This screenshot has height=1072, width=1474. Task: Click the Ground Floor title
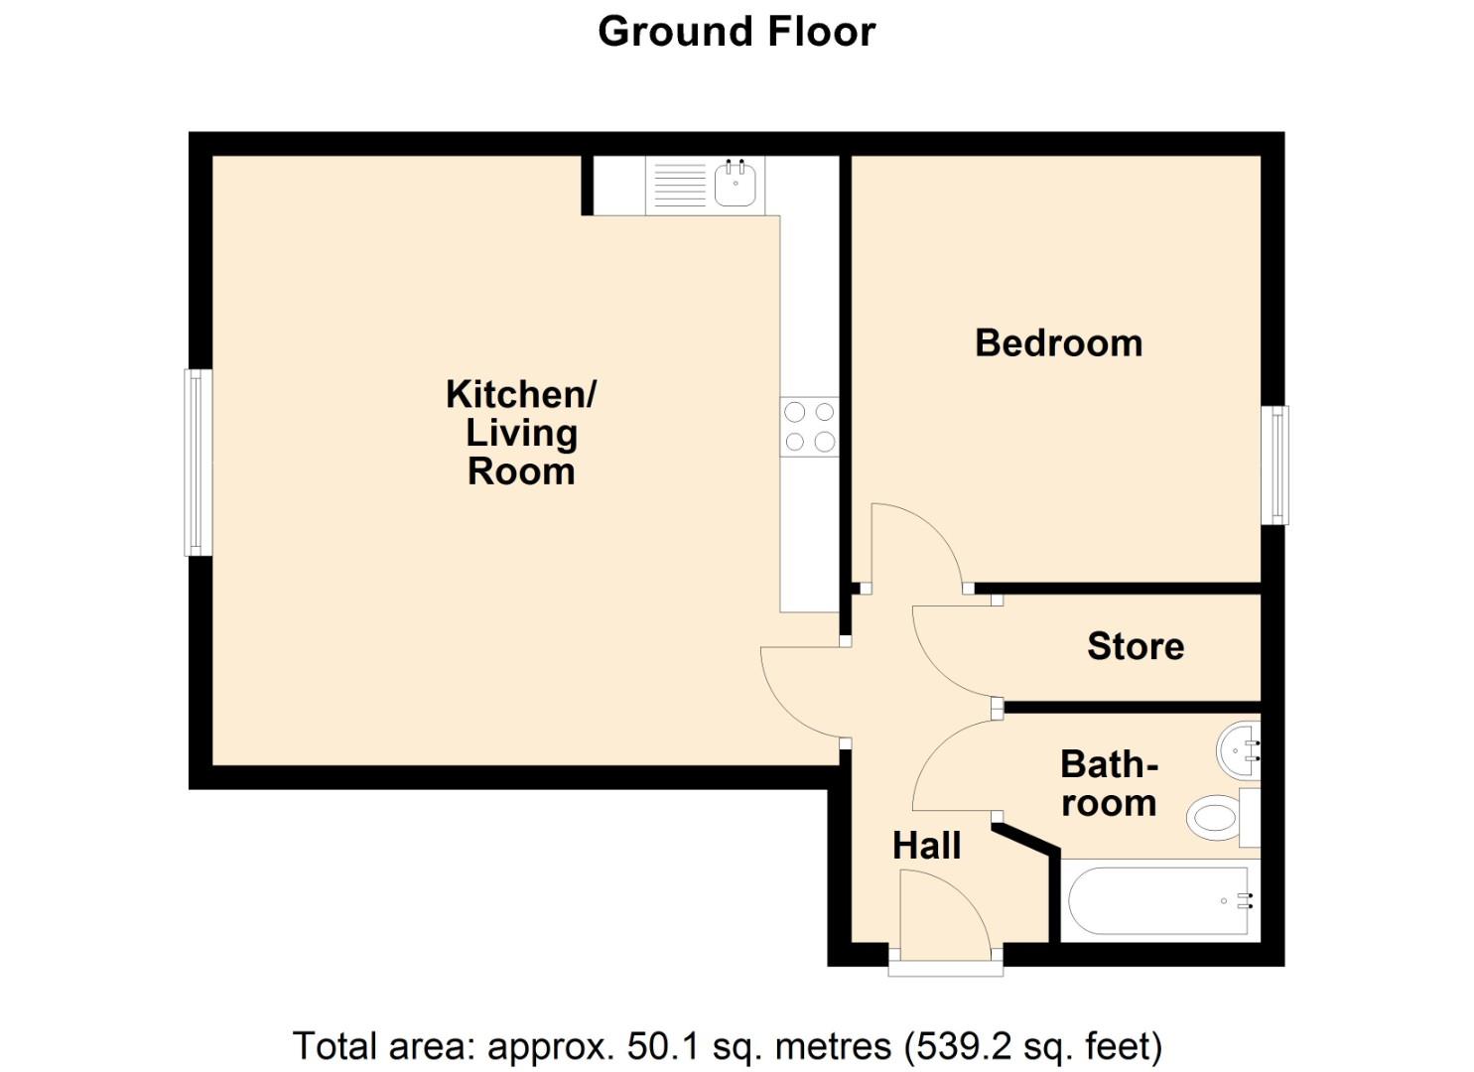coord(737,32)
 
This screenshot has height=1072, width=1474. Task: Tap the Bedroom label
coord(1058,343)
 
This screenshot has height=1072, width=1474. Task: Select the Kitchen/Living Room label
coord(520,433)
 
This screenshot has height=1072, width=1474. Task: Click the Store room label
coord(1136,646)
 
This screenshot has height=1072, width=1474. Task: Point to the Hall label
coord(926,846)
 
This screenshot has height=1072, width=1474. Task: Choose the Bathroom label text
coord(1109,783)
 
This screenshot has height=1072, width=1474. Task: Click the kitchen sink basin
coord(735,184)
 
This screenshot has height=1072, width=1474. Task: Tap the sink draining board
coord(680,185)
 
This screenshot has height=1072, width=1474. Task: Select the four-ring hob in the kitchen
coord(809,426)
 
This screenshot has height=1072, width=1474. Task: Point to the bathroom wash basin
coord(1239,751)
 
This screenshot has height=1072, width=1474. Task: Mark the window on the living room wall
coord(199,463)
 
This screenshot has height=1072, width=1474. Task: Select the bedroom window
coord(1274,465)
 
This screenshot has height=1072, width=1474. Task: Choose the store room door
coord(951,653)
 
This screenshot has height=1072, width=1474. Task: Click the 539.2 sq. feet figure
coord(1032,1046)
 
